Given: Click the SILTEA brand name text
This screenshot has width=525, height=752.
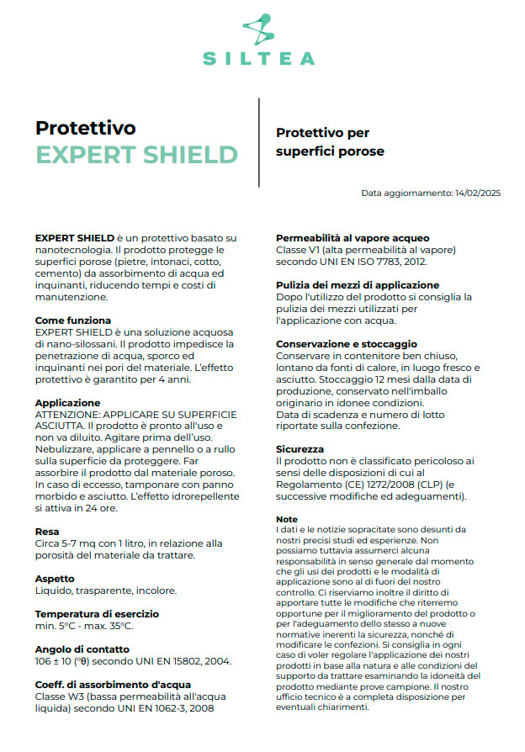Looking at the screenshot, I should (259, 59).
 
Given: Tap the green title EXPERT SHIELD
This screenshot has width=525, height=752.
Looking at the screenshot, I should (136, 155).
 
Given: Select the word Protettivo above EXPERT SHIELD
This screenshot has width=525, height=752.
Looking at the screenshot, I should (86, 128).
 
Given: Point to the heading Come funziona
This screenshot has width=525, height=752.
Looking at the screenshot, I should (73, 320).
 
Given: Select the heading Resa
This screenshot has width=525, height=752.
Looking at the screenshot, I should (47, 532).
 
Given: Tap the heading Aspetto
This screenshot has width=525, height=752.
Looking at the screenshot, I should (55, 579).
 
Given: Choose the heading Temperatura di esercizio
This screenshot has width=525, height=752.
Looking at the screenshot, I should (97, 614).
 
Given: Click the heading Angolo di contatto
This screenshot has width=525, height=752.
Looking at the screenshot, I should (82, 649).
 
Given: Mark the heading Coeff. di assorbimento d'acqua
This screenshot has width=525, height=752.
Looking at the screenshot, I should (113, 685).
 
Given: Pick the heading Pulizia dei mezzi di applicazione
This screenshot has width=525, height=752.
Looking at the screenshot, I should (358, 285).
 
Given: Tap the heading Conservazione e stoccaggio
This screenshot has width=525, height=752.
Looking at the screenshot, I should (347, 344).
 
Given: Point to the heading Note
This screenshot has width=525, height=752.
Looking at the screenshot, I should (287, 519).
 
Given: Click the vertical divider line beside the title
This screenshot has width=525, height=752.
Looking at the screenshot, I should (259, 141).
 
